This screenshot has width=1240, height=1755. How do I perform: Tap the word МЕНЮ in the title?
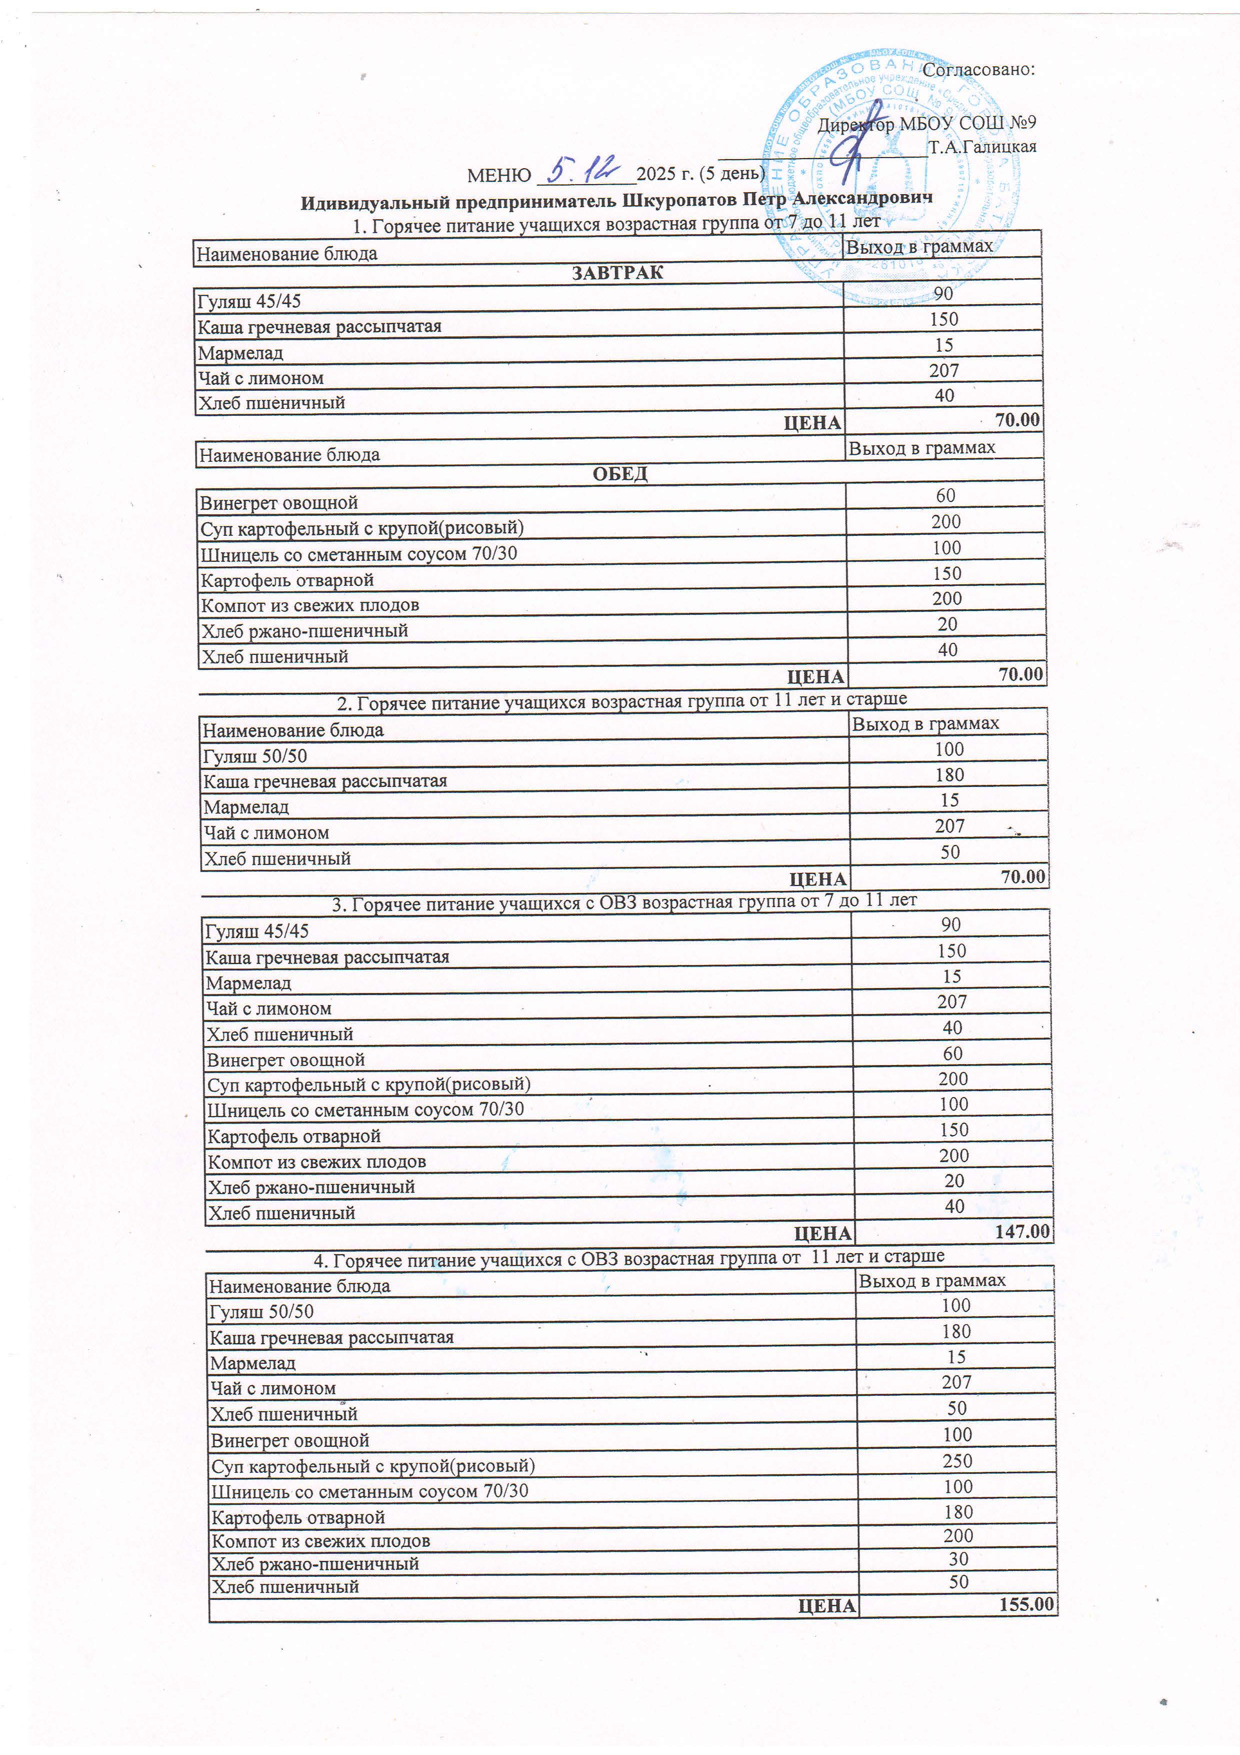click(499, 176)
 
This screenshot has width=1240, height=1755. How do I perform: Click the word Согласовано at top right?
click(978, 70)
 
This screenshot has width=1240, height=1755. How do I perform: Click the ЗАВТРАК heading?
click(617, 273)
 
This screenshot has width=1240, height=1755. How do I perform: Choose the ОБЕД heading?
click(619, 474)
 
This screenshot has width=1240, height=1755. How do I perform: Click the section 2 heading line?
click(622, 700)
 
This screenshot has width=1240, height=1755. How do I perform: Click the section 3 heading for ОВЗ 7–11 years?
click(623, 903)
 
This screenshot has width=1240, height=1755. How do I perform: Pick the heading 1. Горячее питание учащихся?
click(616, 223)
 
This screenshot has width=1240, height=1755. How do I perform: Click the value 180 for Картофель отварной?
click(958, 1511)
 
